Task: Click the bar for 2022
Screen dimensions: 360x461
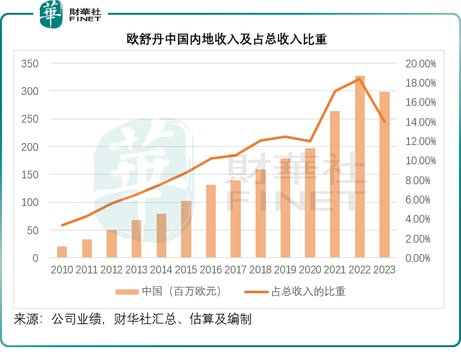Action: [360, 167]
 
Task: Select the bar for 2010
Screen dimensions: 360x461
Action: [62, 252]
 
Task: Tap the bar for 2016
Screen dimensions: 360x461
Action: [211, 221]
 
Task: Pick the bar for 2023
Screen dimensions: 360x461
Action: [384, 175]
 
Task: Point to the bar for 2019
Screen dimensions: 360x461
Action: [285, 208]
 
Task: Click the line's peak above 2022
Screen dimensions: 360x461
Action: [360, 78]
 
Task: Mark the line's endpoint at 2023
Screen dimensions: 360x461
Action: [384, 121]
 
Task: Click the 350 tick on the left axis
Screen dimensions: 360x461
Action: [30, 64]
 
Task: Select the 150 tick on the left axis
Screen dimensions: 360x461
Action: [30, 175]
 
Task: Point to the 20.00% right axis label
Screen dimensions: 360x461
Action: [421, 64]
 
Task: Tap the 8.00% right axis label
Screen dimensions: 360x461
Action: [423, 180]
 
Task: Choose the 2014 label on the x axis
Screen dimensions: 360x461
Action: [161, 270]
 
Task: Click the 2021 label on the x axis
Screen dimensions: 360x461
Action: [335, 270]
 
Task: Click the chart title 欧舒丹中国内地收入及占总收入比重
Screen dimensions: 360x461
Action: [227, 39]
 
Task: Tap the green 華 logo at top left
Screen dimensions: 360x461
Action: [51, 14]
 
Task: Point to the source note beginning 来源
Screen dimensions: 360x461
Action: [132, 319]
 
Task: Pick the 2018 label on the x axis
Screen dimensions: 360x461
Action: [260, 270]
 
